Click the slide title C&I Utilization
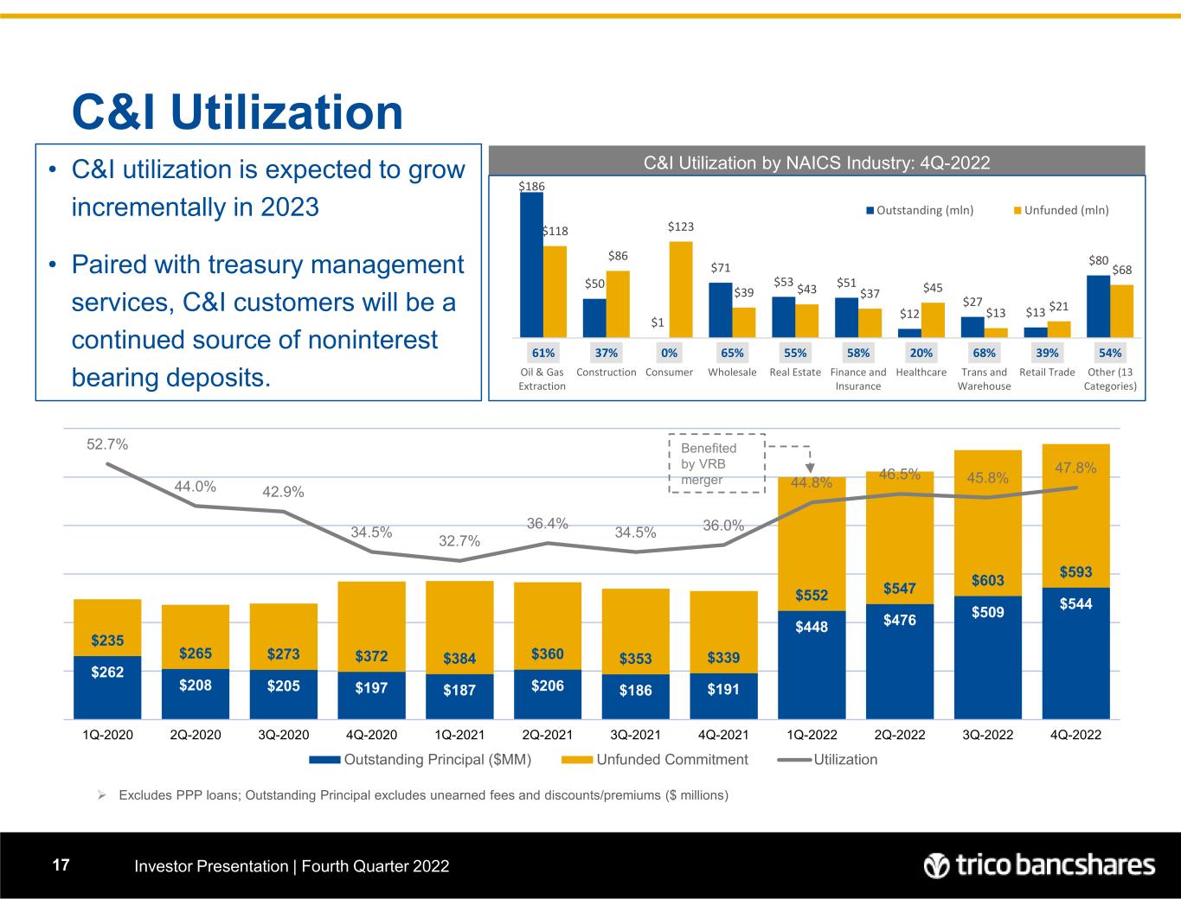pyautogui.click(x=237, y=112)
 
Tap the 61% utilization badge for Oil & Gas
pyautogui.click(x=542, y=353)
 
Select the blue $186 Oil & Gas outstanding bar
pyautogui.click(x=531, y=264)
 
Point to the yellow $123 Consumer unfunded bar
pyautogui.click(x=681, y=289)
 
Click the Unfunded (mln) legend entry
pyautogui.click(x=1061, y=210)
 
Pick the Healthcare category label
pyautogui.click(x=921, y=373)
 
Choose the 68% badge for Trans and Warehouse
pyautogui.click(x=984, y=353)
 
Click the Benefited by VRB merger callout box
pyautogui.click(x=717, y=463)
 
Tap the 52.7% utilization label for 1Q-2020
pyautogui.click(x=107, y=444)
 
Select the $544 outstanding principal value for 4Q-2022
pyautogui.click(x=1075, y=604)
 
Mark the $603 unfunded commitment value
pyautogui.click(x=987, y=580)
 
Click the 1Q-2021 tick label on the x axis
pyautogui.click(x=459, y=735)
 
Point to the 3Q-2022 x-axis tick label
pyautogui.click(x=987, y=735)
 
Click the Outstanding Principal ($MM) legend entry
pyautogui.click(x=420, y=760)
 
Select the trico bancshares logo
pyautogui.click(x=1039, y=865)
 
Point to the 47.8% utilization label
pyautogui.click(x=1075, y=468)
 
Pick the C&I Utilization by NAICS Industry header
pyautogui.click(x=817, y=162)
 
